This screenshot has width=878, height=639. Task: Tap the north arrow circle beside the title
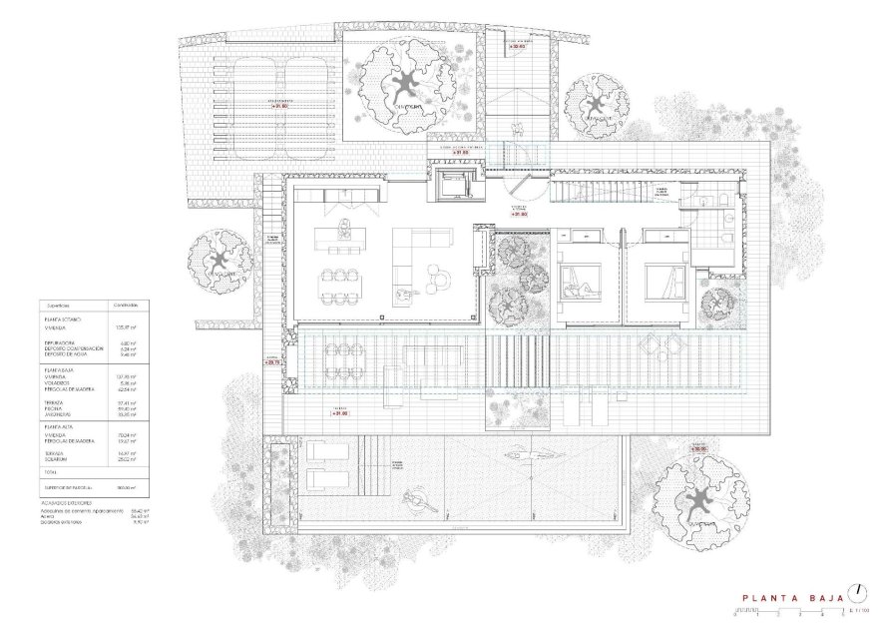pyautogui.click(x=855, y=592)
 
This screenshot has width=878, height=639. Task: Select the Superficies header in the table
pyautogui.click(x=58, y=306)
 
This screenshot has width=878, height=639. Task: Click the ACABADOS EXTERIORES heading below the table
pyautogui.click(x=68, y=501)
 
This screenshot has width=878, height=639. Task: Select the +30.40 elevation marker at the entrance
pyautogui.click(x=517, y=46)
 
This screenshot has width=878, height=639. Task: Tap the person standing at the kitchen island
pyautogui.click(x=345, y=224)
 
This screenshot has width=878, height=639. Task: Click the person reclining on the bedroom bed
pyautogui.click(x=579, y=291)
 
